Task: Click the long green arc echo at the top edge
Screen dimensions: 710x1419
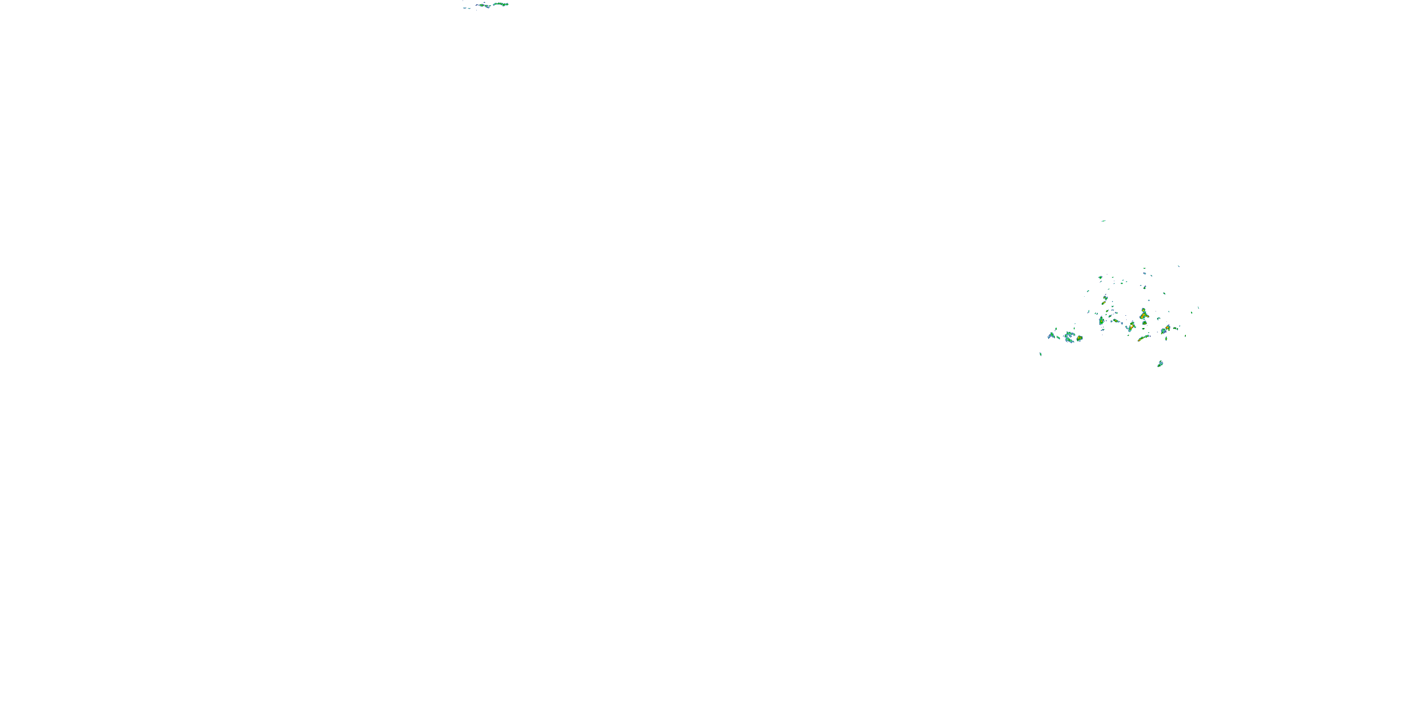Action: pyautogui.click(x=501, y=4)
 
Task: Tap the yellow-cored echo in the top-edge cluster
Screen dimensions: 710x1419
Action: pyautogui.click(x=482, y=6)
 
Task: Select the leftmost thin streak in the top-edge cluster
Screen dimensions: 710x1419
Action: pyautogui.click(x=465, y=8)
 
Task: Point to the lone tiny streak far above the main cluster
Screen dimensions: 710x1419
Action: pyautogui.click(x=1104, y=221)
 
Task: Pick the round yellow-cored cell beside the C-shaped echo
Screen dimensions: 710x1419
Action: pyautogui.click(x=1080, y=338)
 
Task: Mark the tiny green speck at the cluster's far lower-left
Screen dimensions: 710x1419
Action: pyautogui.click(x=1041, y=355)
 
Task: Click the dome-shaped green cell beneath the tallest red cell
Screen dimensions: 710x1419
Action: pyautogui.click(x=1145, y=323)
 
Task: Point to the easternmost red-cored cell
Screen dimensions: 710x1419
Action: pyautogui.click(x=1168, y=328)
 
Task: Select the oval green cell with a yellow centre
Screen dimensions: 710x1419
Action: pyautogui.click(x=1102, y=321)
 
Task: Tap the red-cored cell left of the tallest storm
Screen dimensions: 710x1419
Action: pyautogui.click(x=1132, y=327)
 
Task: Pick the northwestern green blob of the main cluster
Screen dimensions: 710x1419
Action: pyautogui.click(x=1101, y=277)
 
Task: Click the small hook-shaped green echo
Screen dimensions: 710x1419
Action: pyautogui.click(x=1158, y=319)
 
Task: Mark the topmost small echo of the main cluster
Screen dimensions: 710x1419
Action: pyautogui.click(x=1145, y=268)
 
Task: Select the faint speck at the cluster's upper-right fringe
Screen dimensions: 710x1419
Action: pyautogui.click(x=1179, y=266)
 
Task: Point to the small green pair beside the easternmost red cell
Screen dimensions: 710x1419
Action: pyautogui.click(x=1175, y=328)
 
